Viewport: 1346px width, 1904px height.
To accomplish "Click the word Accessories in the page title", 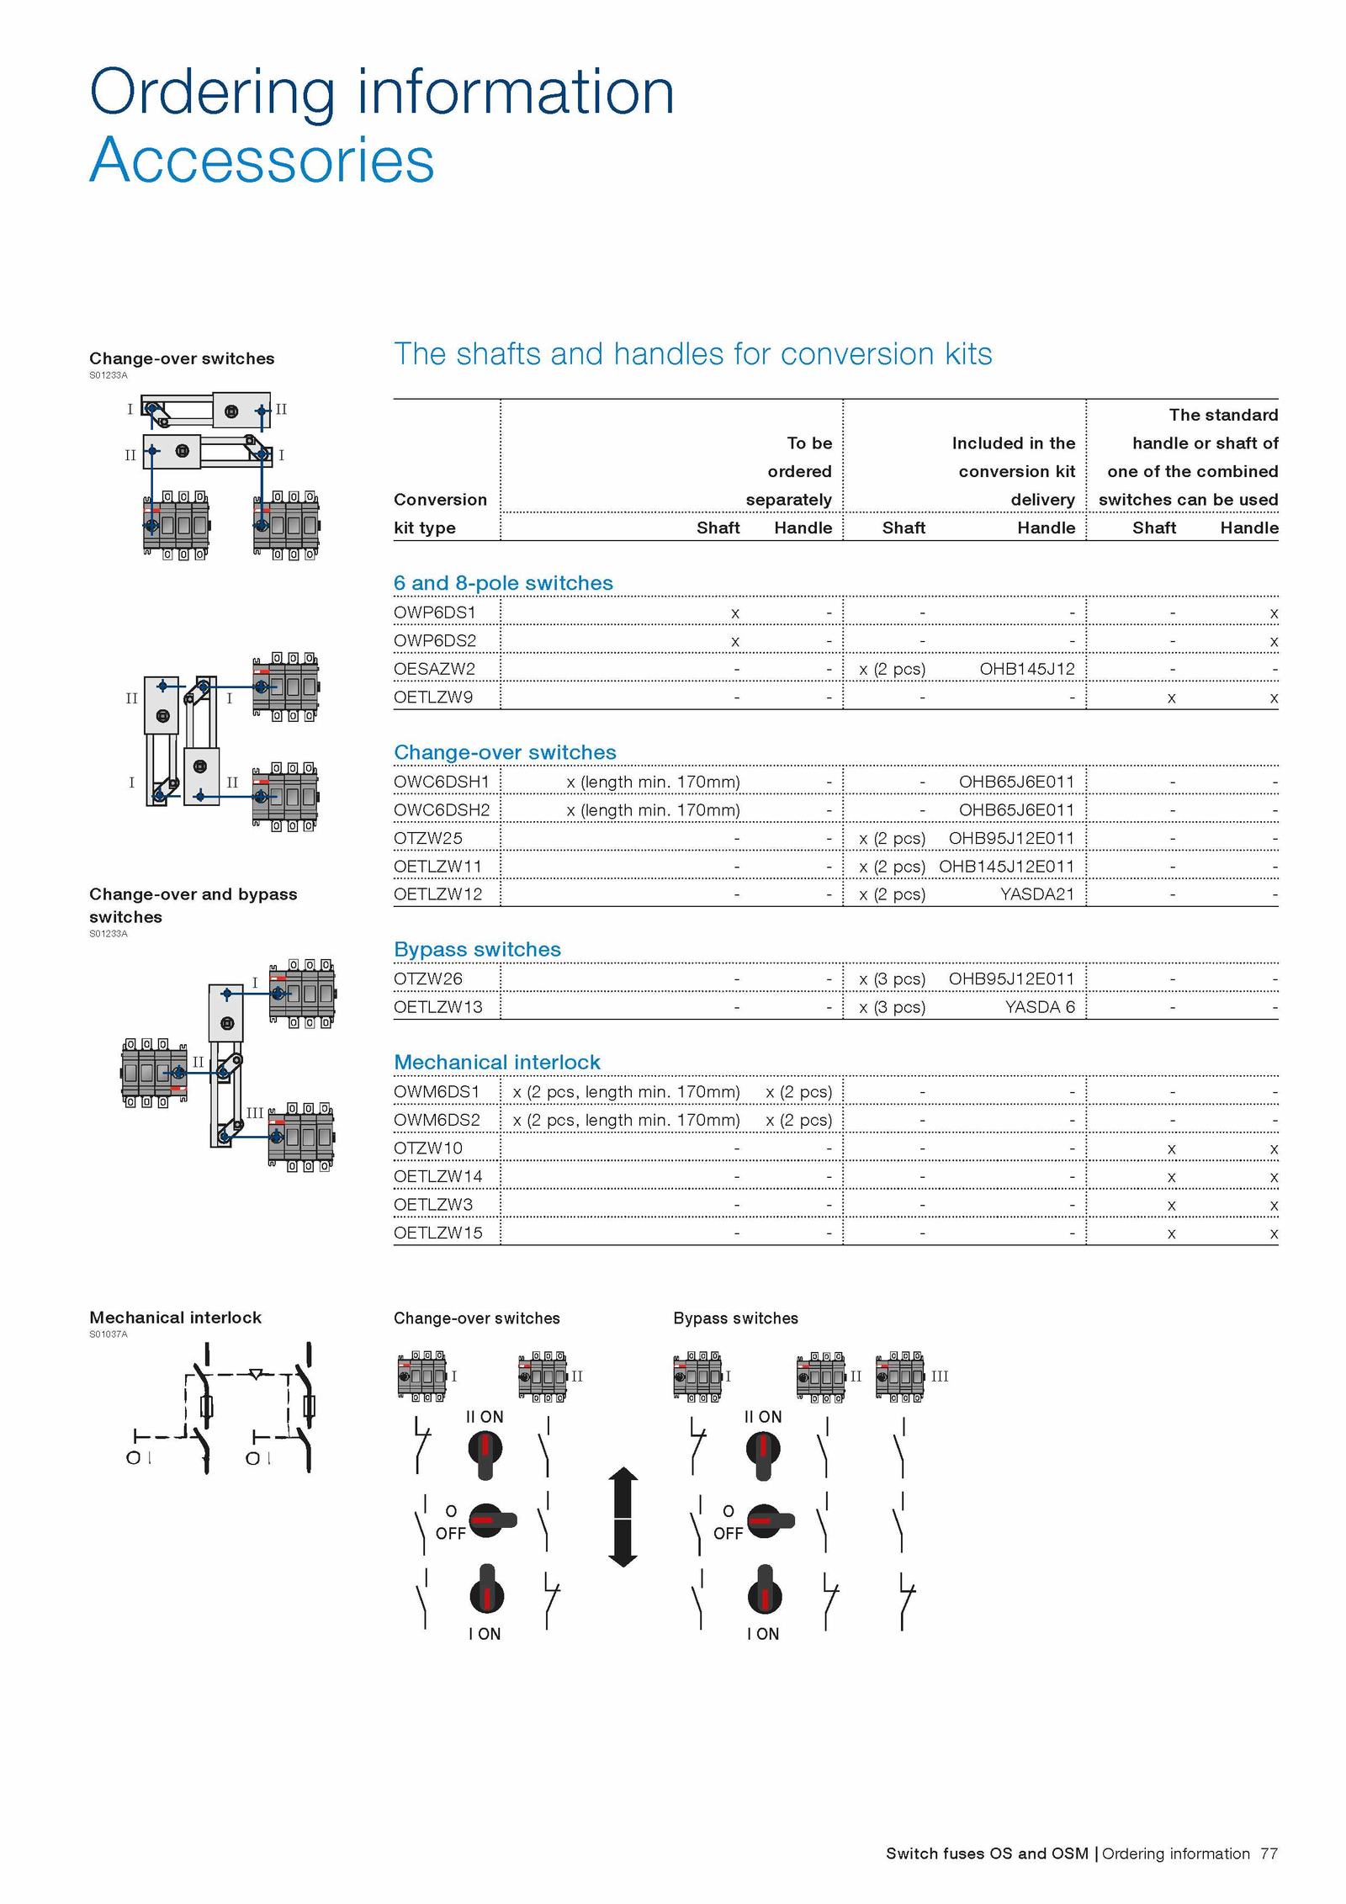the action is tap(262, 160).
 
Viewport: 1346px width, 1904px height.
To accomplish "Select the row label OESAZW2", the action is tap(434, 669).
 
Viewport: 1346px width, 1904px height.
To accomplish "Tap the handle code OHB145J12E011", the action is tap(1006, 866).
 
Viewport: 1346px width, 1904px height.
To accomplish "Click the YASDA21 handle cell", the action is tap(1037, 894).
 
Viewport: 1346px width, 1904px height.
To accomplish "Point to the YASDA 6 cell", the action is tap(1040, 1007).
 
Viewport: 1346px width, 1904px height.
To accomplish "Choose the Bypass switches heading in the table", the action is tap(477, 950).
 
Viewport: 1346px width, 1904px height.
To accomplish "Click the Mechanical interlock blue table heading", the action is tap(497, 1062).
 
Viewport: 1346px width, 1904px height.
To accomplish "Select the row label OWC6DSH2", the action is tap(442, 809).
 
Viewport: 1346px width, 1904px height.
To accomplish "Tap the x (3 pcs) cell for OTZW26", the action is tap(892, 979).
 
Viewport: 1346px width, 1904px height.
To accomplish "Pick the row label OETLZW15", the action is tap(438, 1233).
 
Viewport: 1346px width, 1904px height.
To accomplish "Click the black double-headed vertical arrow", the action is tap(623, 1517).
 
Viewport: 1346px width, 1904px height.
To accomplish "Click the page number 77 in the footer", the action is tap(1269, 1854).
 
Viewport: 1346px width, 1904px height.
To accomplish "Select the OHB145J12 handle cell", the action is tap(1027, 669).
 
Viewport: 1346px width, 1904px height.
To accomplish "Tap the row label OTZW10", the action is tap(428, 1148).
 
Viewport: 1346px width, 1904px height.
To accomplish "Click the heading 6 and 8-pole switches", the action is tap(503, 583).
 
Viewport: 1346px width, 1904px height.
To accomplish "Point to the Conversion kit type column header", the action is tap(440, 513).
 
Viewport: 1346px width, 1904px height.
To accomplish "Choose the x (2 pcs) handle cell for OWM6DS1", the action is tap(798, 1092).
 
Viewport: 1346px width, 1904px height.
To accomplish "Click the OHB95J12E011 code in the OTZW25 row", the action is tap(1011, 838).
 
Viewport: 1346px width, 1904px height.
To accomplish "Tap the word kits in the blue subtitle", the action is tap(967, 354).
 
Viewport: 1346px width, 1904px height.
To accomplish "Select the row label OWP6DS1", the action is tap(435, 613).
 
